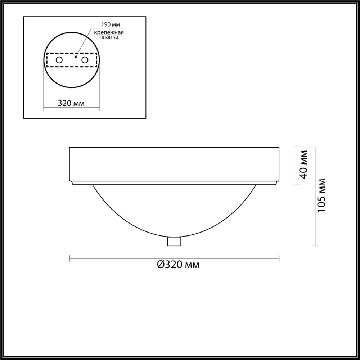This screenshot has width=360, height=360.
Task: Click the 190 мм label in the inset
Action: (110, 25)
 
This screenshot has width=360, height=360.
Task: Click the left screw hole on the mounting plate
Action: (59, 60)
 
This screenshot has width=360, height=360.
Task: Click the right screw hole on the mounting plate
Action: (85, 60)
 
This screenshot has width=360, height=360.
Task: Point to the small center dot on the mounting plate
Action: (75, 56)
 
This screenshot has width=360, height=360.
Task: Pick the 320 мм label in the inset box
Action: (71, 103)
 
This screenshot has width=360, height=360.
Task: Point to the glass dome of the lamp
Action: (175, 212)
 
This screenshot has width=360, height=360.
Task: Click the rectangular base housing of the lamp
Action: (175, 164)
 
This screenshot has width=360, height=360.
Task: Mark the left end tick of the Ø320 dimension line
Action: (69, 258)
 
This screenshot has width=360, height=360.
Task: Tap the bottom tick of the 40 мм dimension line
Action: (296, 185)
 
